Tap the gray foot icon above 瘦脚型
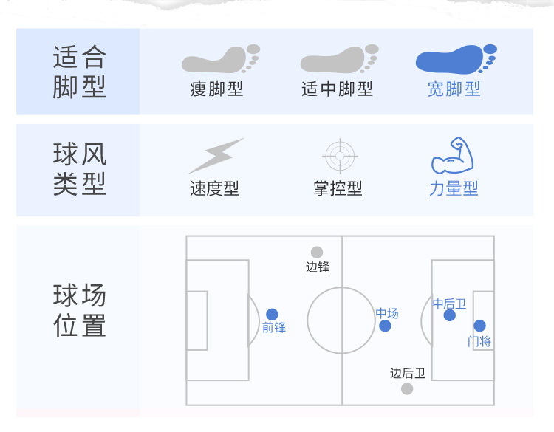point(219,59)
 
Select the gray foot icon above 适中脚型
point(338,59)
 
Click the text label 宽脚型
point(454,89)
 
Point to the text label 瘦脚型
point(216,89)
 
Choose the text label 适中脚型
point(338,89)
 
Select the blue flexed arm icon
point(452,155)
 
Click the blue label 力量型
point(454,189)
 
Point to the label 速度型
point(214,189)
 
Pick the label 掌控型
point(338,189)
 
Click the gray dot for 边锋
point(317,253)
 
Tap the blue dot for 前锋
point(272,315)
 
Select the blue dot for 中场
point(385,326)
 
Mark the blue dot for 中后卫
point(449,315)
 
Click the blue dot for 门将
point(479,326)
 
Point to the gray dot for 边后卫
point(407,388)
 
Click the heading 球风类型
point(80,169)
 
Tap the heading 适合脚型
point(80,72)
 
